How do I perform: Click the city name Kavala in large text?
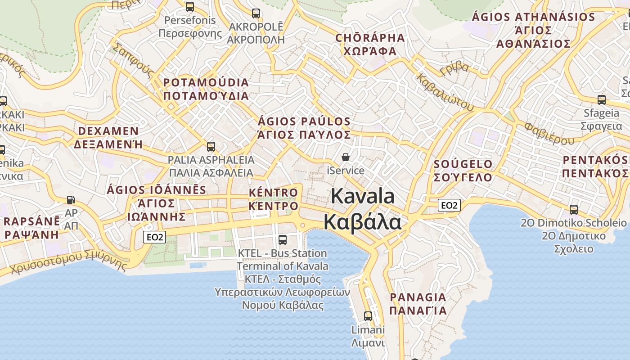click(363, 196)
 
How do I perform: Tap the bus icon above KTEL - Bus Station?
click(283, 240)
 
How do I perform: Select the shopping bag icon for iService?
click(346, 157)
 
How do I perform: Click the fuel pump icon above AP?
click(71, 199)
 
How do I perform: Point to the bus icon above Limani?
click(368, 316)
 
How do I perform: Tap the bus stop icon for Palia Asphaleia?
click(211, 147)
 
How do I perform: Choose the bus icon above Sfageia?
click(602, 100)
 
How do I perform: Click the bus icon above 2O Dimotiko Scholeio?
click(574, 209)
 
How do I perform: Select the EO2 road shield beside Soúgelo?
click(450, 206)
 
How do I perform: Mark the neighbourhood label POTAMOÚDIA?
click(206, 83)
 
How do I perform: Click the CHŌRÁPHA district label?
click(370, 38)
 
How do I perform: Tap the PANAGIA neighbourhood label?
click(418, 297)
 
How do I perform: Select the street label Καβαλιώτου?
click(445, 92)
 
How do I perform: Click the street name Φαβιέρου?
click(549, 133)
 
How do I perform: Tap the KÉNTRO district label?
click(274, 193)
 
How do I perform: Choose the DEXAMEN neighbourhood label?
click(108, 131)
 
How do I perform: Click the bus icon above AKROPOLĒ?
click(256, 13)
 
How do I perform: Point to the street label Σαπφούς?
click(133, 61)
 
